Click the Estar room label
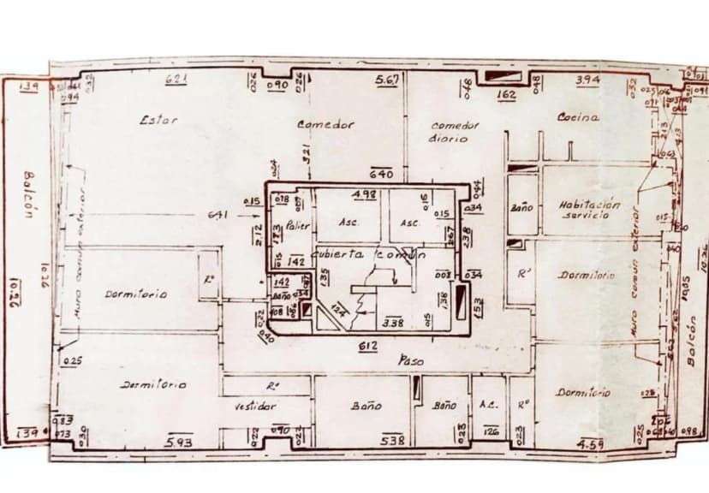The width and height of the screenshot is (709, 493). coord(158,120)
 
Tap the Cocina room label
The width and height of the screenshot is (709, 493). coord(578,117)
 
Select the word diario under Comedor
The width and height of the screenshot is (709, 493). coord(447,138)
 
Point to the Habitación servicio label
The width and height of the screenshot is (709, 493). coord(588,210)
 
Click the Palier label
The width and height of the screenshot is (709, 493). coord(297,225)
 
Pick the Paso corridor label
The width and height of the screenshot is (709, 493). coord(411,362)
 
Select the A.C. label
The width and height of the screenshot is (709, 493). coord(490,405)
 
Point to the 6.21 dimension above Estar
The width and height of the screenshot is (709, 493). coord(176,80)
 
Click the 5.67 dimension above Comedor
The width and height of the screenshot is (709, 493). coord(387,80)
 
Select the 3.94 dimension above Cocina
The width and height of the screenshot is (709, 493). coord(587,80)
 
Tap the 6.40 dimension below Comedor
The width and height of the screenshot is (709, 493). coord(380,174)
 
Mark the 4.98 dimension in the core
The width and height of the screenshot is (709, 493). coord(364,194)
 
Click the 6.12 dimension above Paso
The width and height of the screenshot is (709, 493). coord(368,345)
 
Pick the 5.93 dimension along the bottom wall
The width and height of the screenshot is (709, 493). coord(179,441)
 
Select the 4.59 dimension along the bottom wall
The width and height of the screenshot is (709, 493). coord(591,444)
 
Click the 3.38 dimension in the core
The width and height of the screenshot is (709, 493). coord(392,323)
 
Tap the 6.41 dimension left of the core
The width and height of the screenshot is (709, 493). coord(217,215)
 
